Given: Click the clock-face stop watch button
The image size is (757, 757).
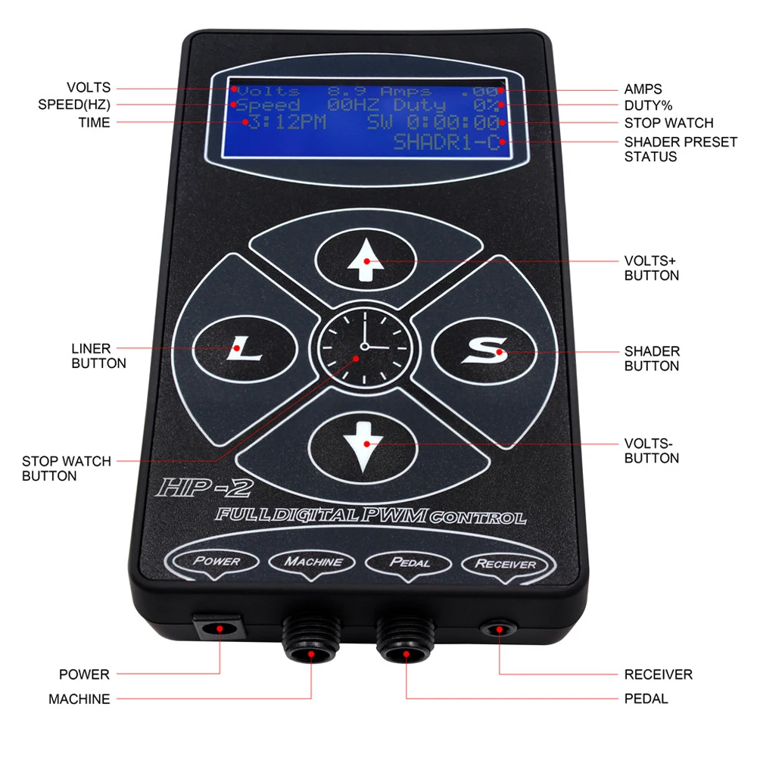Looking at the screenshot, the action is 364,347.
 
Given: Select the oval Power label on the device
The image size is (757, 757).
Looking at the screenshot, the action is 217,562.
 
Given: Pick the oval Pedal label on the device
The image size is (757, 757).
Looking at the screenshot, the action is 409,563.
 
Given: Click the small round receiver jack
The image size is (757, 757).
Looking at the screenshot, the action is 500,629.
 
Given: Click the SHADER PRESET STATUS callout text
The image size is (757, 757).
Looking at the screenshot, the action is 680,149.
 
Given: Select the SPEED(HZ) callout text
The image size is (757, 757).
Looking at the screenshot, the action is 74,105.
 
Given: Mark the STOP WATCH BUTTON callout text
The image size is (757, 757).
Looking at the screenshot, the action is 66,469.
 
